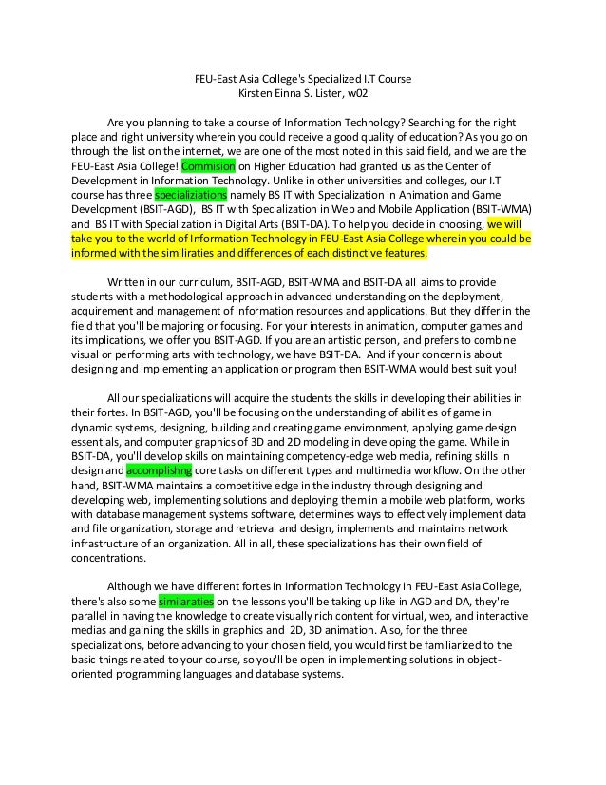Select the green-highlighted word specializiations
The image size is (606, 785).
coord(190,191)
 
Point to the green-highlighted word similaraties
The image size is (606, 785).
coord(187,602)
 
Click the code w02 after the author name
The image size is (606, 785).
coord(355,94)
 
